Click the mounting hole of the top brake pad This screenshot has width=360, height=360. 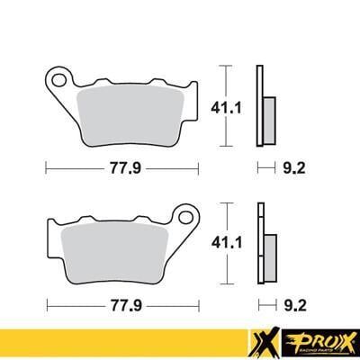coord(61,80)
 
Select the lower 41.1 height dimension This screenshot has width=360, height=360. coord(243,242)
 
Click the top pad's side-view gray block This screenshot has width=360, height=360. coord(267,117)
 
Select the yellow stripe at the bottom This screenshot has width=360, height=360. coord(117,343)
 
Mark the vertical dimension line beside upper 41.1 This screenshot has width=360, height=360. coord(225,105)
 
